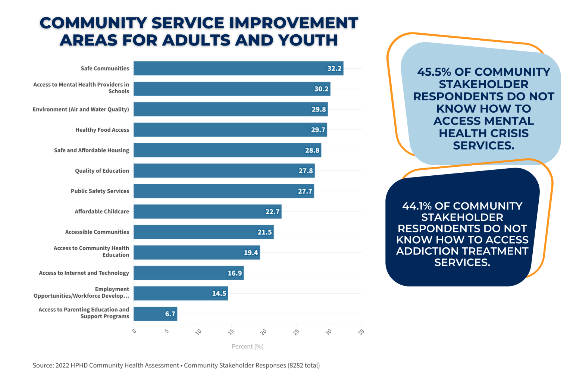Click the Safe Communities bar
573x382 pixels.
click(x=238, y=68)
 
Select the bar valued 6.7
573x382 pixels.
click(x=155, y=314)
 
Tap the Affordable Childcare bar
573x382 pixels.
click(x=207, y=212)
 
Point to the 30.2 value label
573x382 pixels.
click(x=321, y=89)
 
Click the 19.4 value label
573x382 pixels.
click(x=251, y=253)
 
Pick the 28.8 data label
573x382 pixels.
click(x=312, y=150)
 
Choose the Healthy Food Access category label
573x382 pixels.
click(x=102, y=130)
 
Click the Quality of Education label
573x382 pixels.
click(x=102, y=171)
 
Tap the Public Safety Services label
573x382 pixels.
click(x=100, y=191)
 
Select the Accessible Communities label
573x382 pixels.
click(x=97, y=232)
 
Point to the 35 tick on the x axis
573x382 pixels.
click(x=361, y=332)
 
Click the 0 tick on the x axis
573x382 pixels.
click(x=134, y=331)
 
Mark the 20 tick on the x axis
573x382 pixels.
click(x=263, y=332)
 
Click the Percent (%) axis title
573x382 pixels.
click(x=248, y=347)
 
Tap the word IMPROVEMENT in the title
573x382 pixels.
click(x=293, y=23)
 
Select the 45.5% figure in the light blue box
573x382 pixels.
click(x=434, y=72)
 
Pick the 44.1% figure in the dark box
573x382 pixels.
click(x=417, y=206)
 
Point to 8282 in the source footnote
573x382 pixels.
click(x=295, y=366)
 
